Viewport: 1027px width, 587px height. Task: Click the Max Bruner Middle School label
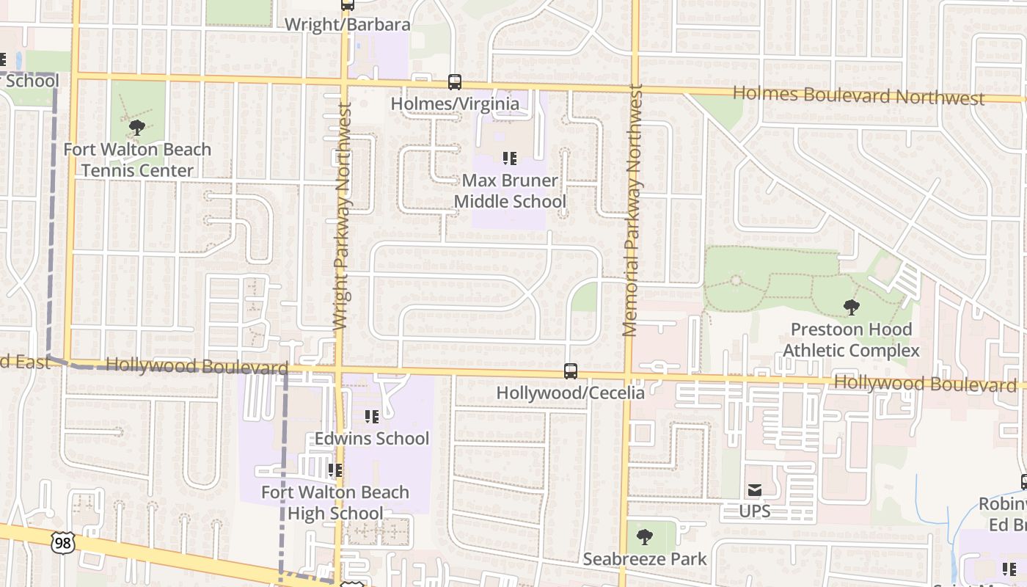click(x=510, y=191)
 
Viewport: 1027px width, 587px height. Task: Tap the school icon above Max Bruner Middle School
click(x=510, y=158)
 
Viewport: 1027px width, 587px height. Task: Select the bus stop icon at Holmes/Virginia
click(x=455, y=82)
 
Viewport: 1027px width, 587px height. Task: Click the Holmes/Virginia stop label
click(x=455, y=103)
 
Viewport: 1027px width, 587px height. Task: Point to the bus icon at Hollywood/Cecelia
click(x=571, y=371)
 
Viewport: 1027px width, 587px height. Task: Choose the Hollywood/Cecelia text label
click(x=571, y=393)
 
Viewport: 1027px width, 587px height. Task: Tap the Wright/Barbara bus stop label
click(x=347, y=24)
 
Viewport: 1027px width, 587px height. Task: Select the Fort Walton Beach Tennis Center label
click(x=137, y=160)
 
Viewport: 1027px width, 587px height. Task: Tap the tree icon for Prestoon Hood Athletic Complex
click(x=851, y=307)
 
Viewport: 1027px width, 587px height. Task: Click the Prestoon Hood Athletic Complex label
click(x=851, y=340)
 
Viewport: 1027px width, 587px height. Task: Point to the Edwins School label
click(x=372, y=438)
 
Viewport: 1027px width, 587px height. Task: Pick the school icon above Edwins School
click(x=372, y=417)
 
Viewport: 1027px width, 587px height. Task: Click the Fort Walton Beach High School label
click(x=335, y=502)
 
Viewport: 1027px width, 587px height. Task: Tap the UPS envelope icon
click(x=755, y=490)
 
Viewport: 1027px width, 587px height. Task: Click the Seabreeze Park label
click(x=645, y=559)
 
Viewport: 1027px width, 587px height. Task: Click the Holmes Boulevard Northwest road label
click(x=858, y=95)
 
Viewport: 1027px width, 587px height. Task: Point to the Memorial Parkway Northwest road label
click(x=632, y=211)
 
